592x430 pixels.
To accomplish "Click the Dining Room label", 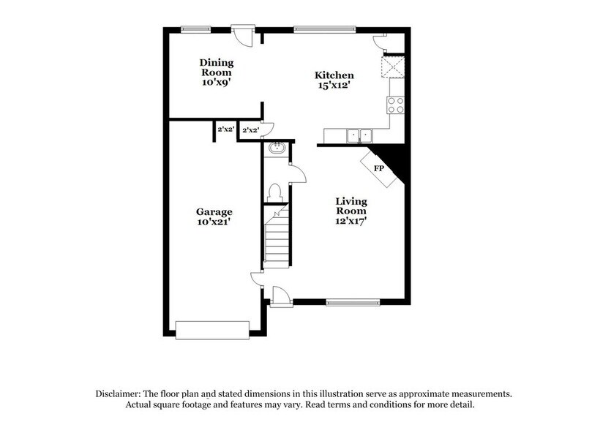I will pyautogui.click(x=216, y=67).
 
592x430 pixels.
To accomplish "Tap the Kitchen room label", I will pyautogui.click(x=334, y=75).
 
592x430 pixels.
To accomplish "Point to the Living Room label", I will pyautogui.click(x=352, y=206).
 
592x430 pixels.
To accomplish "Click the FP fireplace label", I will pyautogui.click(x=379, y=169).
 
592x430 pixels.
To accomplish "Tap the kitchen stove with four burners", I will pyautogui.click(x=396, y=105).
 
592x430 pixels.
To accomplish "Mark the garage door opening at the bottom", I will pyautogui.click(x=213, y=330).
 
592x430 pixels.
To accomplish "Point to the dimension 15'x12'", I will pyautogui.click(x=334, y=86).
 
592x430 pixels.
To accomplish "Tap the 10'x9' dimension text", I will pyautogui.click(x=216, y=83).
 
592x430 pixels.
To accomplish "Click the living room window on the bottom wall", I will pyautogui.click(x=353, y=301).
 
